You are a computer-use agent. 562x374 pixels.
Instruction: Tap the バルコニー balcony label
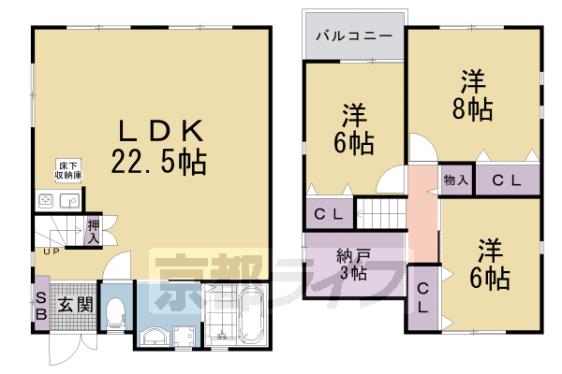pyautogui.click(x=353, y=38)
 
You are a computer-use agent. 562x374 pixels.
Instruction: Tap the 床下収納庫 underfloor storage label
pyautogui.click(x=67, y=170)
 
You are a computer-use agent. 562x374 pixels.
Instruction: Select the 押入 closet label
pyautogui.click(x=94, y=230)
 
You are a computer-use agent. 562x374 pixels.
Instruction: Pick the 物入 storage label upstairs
pyautogui.click(x=455, y=180)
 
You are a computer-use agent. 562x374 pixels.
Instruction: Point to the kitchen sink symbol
pyautogui.click(x=68, y=199)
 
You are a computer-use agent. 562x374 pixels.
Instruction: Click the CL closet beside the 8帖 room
pyautogui.click(x=507, y=180)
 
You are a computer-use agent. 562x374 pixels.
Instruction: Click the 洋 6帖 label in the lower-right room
pyautogui.click(x=491, y=265)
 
